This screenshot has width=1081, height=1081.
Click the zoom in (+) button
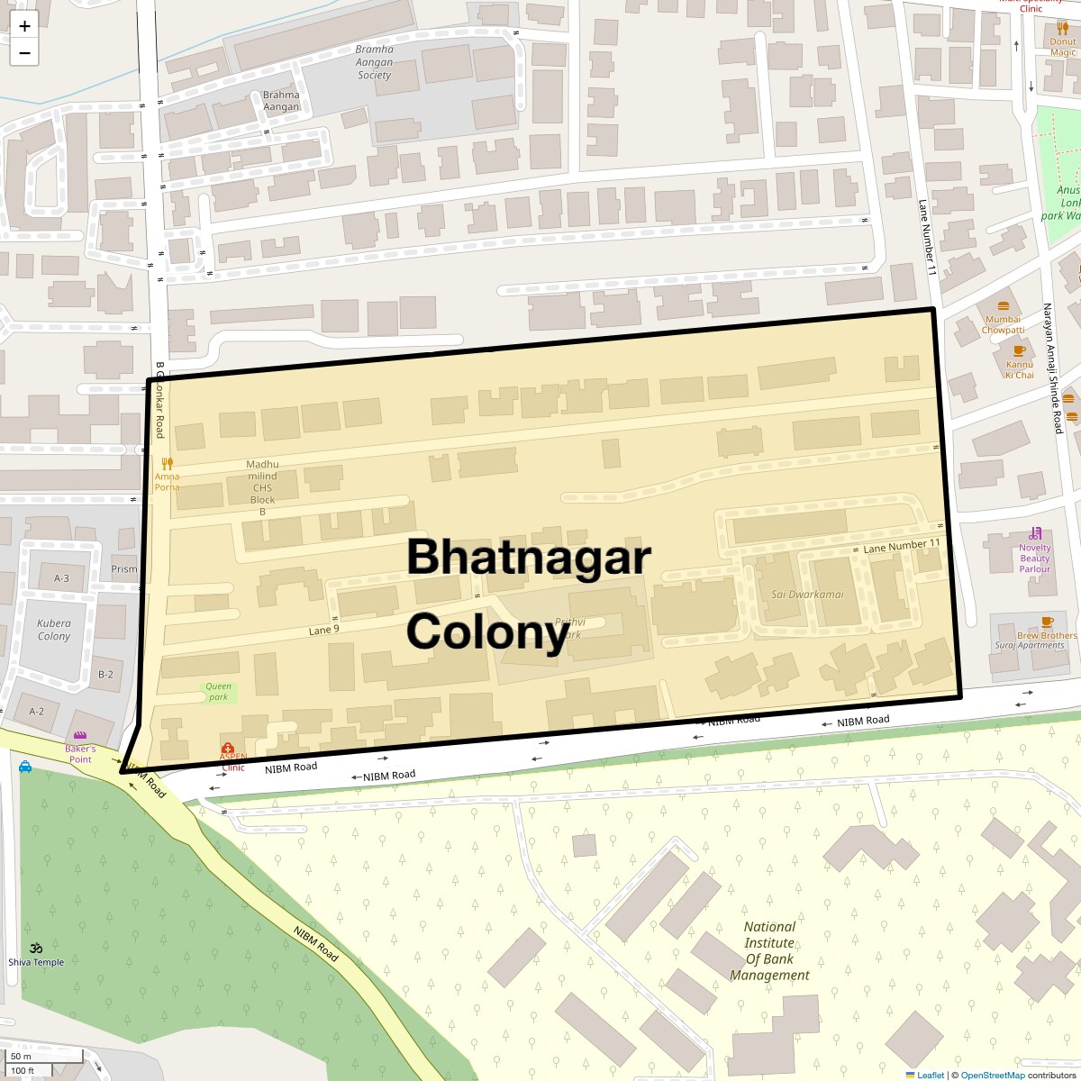[x=24, y=26]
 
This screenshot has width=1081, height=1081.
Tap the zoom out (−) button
[x=24, y=53]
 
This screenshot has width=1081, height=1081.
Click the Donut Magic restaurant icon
[x=1062, y=28]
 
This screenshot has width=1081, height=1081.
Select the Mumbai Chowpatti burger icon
[x=1003, y=304]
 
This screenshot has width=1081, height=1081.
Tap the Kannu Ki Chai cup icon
[x=1019, y=350]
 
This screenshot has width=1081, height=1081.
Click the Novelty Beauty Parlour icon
[x=1036, y=532]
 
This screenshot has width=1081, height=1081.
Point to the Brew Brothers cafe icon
[x=1047, y=622]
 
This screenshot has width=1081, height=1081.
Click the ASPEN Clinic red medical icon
[x=228, y=749]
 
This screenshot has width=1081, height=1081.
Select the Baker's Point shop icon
[x=80, y=736]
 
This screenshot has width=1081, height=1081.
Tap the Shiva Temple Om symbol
[x=37, y=947]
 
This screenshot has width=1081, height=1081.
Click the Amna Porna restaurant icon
[x=167, y=463]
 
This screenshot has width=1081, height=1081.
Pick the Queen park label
[x=218, y=692]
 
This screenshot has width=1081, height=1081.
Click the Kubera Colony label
[x=54, y=630]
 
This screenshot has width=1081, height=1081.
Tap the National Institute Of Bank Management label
[x=769, y=950]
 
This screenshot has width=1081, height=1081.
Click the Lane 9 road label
[x=323, y=630]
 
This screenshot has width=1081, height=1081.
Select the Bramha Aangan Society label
[x=374, y=62]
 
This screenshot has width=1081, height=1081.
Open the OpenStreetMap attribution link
[x=992, y=1075]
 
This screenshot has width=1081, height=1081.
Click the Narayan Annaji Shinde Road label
[x=1052, y=368]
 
